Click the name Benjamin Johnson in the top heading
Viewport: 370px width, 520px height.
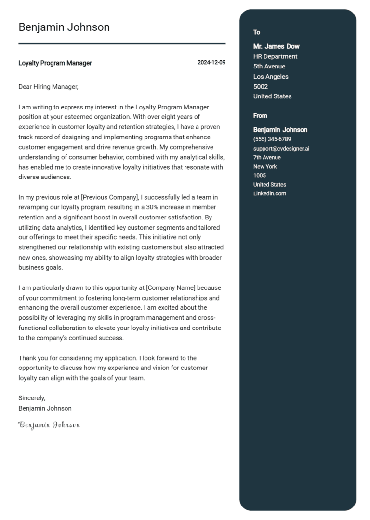pyautogui.click(x=64, y=27)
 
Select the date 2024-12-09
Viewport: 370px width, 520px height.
pyautogui.click(x=211, y=63)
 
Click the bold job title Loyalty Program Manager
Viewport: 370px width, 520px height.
pyautogui.click(x=55, y=63)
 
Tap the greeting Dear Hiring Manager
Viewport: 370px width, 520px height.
pyautogui.click(x=48, y=87)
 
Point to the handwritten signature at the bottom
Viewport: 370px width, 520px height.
pyautogui.click(x=49, y=425)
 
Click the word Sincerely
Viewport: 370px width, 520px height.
pyautogui.click(x=32, y=398)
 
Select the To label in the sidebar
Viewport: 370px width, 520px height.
pyautogui.click(x=257, y=32)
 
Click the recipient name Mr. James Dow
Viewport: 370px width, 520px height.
pyautogui.click(x=276, y=46)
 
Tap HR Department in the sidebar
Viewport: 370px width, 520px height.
pyautogui.click(x=275, y=56)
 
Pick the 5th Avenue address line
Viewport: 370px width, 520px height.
pyautogui.click(x=269, y=67)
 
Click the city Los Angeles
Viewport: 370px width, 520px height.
pyautogui.click(x=271, y=77)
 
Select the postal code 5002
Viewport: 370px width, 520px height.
pyautogui.click(x=260, y=87)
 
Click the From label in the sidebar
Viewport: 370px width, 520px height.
pyautogui.click(x=260, y=116)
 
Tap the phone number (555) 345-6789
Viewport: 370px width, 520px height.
pyautogui.click(x=272, y=139)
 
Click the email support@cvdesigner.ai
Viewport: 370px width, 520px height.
pyautogui.click(x=281, y=149)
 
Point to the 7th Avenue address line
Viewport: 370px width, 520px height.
pyautogui.click(x=267, y=158)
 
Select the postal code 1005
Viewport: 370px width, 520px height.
pyautogui.click(x=259, y=176)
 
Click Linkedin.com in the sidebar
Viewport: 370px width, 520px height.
pyautogui.click(x=269, y=193)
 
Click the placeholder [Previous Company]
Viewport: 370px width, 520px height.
pyautogui.click(x=110, y=197)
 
